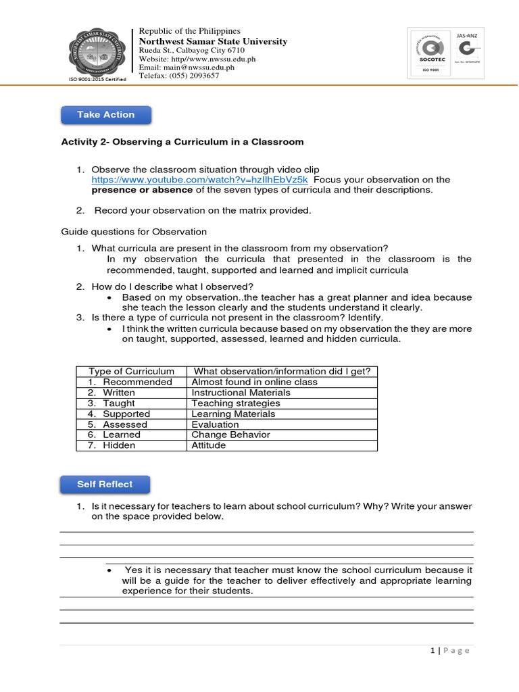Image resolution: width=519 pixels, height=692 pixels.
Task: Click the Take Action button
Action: pos(106,115)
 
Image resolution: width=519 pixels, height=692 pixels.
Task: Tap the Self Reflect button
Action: pos(105,485)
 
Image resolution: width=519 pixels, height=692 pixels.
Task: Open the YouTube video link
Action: pos(200,180)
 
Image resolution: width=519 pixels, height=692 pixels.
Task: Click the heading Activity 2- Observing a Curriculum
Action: pos(182,142)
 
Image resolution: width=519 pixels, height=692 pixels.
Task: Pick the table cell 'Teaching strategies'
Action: pos(235,403)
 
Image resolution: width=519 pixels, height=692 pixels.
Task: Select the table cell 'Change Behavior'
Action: pos(230,435)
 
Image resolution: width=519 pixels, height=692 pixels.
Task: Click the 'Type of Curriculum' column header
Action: pos(131,372)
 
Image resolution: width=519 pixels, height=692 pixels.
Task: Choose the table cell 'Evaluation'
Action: pos(215,424)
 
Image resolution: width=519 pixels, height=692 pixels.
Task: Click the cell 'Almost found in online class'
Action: pos(254,382)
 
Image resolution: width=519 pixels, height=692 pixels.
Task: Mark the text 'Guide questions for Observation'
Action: pos(134,232)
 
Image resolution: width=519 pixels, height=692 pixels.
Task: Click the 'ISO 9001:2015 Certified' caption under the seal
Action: pos(97,80)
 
